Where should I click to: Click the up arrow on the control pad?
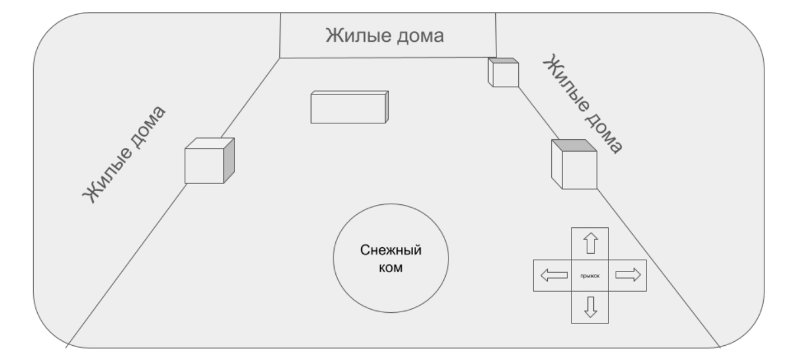pos(590,243)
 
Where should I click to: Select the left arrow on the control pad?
pos(554,275)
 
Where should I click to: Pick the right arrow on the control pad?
pos(627,275)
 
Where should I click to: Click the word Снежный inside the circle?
pos(391,250)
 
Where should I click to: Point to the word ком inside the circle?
pos(391,267)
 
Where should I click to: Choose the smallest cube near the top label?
pos(504,73)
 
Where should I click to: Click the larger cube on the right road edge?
pos(574,165)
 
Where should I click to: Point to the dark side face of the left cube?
pos(229,160)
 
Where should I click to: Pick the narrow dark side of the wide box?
pos(387,107)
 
